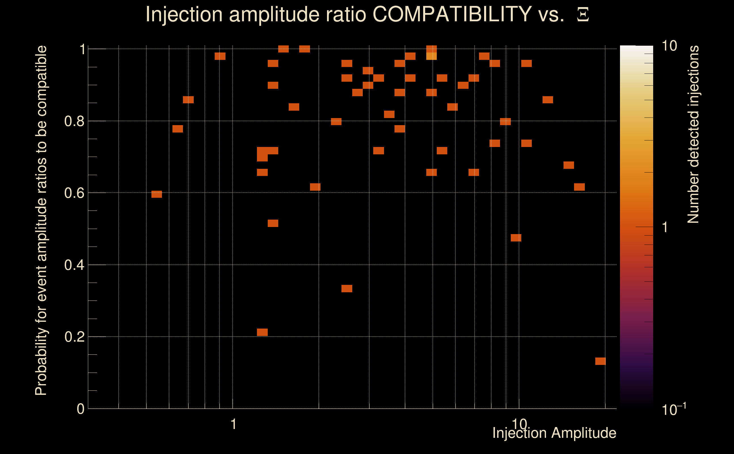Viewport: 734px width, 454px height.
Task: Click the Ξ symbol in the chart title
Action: [x=583, y=15]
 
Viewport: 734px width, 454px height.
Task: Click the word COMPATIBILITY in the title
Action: [x=452, y=14]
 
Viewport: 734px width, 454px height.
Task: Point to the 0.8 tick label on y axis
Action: [x=74, y=121]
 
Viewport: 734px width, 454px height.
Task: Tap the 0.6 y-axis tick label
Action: [x=74, y=193]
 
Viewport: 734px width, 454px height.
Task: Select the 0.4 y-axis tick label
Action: [x=74, y=265]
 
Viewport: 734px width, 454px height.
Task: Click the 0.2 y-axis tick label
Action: [x=74, y=337]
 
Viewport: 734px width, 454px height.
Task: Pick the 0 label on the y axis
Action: [x=81, y=409]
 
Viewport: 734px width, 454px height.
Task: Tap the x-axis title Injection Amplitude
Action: [x=554, y=433]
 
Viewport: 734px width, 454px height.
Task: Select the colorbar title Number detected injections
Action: [x=693, y=134]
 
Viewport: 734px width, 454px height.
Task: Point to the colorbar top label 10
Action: [x=669, y=46]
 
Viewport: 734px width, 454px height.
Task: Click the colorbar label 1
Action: [x=665, y=227]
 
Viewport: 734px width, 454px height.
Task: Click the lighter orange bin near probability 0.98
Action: [x=431, y=56]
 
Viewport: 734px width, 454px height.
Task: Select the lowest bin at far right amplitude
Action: [x=600, y=361]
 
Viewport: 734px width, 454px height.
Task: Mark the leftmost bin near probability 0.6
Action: [x=157, y=194]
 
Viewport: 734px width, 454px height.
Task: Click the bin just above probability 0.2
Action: [x=262, y=332]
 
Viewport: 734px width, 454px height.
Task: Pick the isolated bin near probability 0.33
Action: [x=347, y=289]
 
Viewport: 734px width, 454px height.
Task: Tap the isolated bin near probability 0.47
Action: [x=516, y=238]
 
